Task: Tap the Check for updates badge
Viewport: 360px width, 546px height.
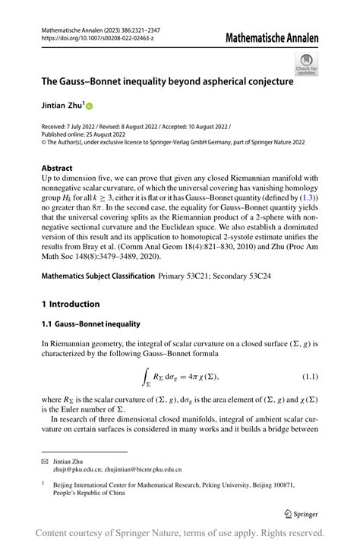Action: [x=306, y=64]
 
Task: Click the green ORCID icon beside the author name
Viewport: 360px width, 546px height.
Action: [x=87, y=106]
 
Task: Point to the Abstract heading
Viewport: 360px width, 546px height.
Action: [x=58, y=169]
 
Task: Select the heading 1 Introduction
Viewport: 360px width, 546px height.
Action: [x=71, y=304]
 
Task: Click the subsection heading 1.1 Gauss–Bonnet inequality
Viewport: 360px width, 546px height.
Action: [x=91, y=324]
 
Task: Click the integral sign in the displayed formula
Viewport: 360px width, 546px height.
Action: [x=146, y=376]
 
